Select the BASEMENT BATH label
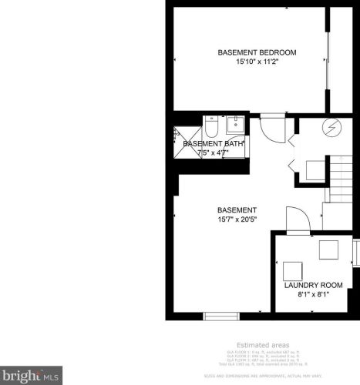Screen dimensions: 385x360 [214, 143]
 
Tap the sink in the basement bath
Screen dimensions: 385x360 [235, 126]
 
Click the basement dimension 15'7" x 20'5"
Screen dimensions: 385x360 [237, 219]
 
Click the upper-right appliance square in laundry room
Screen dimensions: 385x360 [329, 250]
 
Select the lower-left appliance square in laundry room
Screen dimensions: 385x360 [292, 270]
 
